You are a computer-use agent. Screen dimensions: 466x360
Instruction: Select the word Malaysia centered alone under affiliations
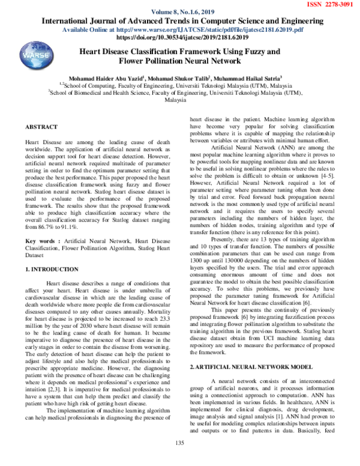pyautogui.click(x=179, y=101)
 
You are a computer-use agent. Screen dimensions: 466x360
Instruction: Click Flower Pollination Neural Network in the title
pyautogui.click(x=179, y=61)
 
